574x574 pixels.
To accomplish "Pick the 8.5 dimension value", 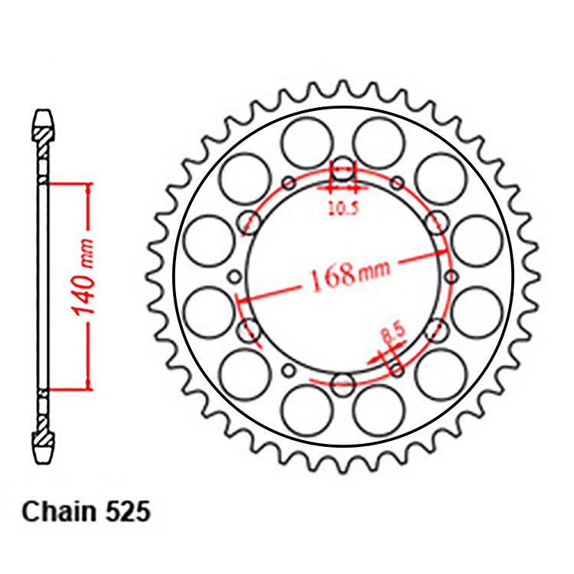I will click(x=392, y=334).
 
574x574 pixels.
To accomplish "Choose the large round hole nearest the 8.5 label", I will click(x=440, y=366).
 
